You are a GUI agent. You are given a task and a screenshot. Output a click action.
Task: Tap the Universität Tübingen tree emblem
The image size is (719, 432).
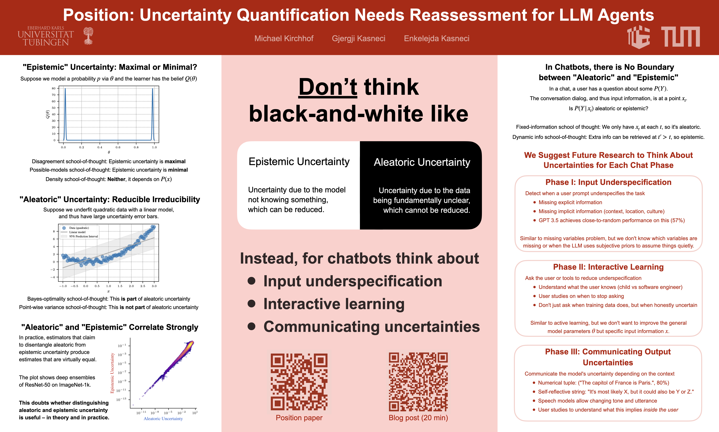pyautogui.click(x=88, y=36)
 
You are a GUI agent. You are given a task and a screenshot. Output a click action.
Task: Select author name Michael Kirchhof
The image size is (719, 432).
pyautogui.click(x=284, y=38)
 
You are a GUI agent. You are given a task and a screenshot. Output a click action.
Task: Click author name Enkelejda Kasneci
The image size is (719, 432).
pyautogui.click(x=436, y=38)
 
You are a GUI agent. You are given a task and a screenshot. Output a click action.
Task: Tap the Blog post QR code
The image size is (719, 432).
pyautogui.click(x=418, y=382)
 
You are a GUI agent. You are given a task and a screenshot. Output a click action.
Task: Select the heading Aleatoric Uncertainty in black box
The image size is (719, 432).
pyautogui.click(x=422, y=162)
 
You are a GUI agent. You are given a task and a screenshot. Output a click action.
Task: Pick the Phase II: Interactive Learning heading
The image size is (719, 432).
pyautogui.click(x=608, y=267)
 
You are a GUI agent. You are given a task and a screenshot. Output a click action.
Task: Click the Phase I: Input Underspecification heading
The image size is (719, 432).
pyautogui.click(x=608, y=182)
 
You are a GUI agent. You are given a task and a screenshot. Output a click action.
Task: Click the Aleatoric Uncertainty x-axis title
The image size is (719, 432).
pyautogui.click(x=163, y=419)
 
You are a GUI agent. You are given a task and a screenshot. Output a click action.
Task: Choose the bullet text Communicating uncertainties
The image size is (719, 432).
pyautogui.click(x=372, y=327)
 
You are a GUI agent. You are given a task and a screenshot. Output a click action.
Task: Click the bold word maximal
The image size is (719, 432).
pyautogui.click(x=175, y=162)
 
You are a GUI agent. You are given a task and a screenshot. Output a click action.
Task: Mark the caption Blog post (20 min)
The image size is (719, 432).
pyautogui.click(x=418, y=418)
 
